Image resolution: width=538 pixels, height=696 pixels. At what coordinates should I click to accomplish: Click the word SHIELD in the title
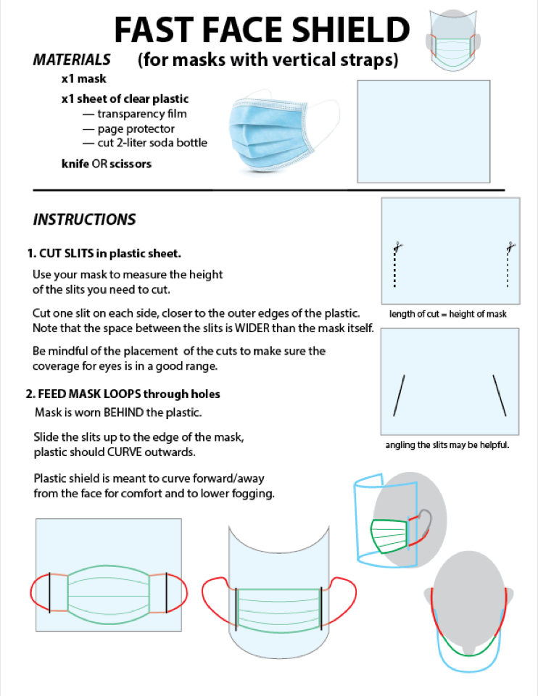coord(346,30)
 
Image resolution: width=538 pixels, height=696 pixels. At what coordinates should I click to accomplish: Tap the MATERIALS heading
coord(72,59)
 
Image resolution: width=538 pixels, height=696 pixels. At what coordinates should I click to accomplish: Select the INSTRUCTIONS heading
coord(84,219)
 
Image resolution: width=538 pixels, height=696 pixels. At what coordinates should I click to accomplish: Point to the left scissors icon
coord(397,246)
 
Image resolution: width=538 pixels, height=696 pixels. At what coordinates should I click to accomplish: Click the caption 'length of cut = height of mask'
coord(447,314)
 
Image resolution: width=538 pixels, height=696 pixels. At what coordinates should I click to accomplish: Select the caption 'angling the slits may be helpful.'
coord(447,444)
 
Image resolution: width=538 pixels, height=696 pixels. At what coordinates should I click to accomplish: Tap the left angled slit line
coord(399,395)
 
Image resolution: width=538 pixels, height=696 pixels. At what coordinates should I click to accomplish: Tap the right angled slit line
coord(500,395)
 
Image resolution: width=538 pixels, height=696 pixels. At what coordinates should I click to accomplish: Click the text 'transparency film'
coord(141,114)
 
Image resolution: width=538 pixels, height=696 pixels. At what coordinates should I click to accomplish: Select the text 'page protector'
coord(136,128)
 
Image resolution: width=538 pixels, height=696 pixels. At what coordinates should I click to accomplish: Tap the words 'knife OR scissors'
coord(107,164)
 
